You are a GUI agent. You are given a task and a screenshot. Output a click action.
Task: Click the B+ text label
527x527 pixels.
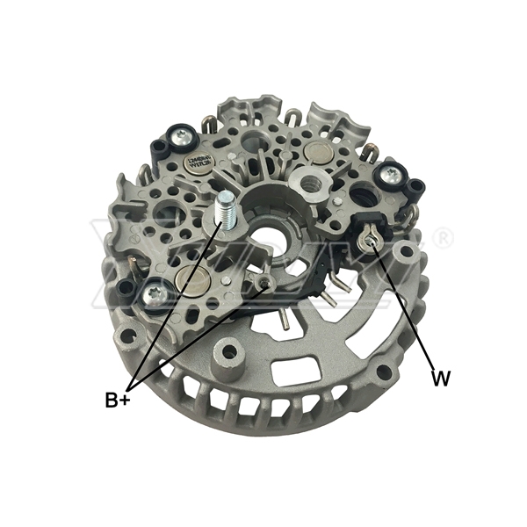pyautogui.click(x=118, y=401)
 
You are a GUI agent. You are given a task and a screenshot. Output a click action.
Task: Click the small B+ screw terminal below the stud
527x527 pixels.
pyautogui.click(x=266, y=281)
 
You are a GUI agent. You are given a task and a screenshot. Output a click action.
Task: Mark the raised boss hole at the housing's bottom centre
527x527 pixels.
pyautogui.click(x=230, y=353)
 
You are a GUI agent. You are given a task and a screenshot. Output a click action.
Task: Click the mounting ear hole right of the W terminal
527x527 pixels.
pyautogui.click(x=406, y=254)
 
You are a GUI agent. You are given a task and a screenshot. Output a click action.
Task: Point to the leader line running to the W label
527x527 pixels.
pyautogui.click(x=406, y=307)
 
